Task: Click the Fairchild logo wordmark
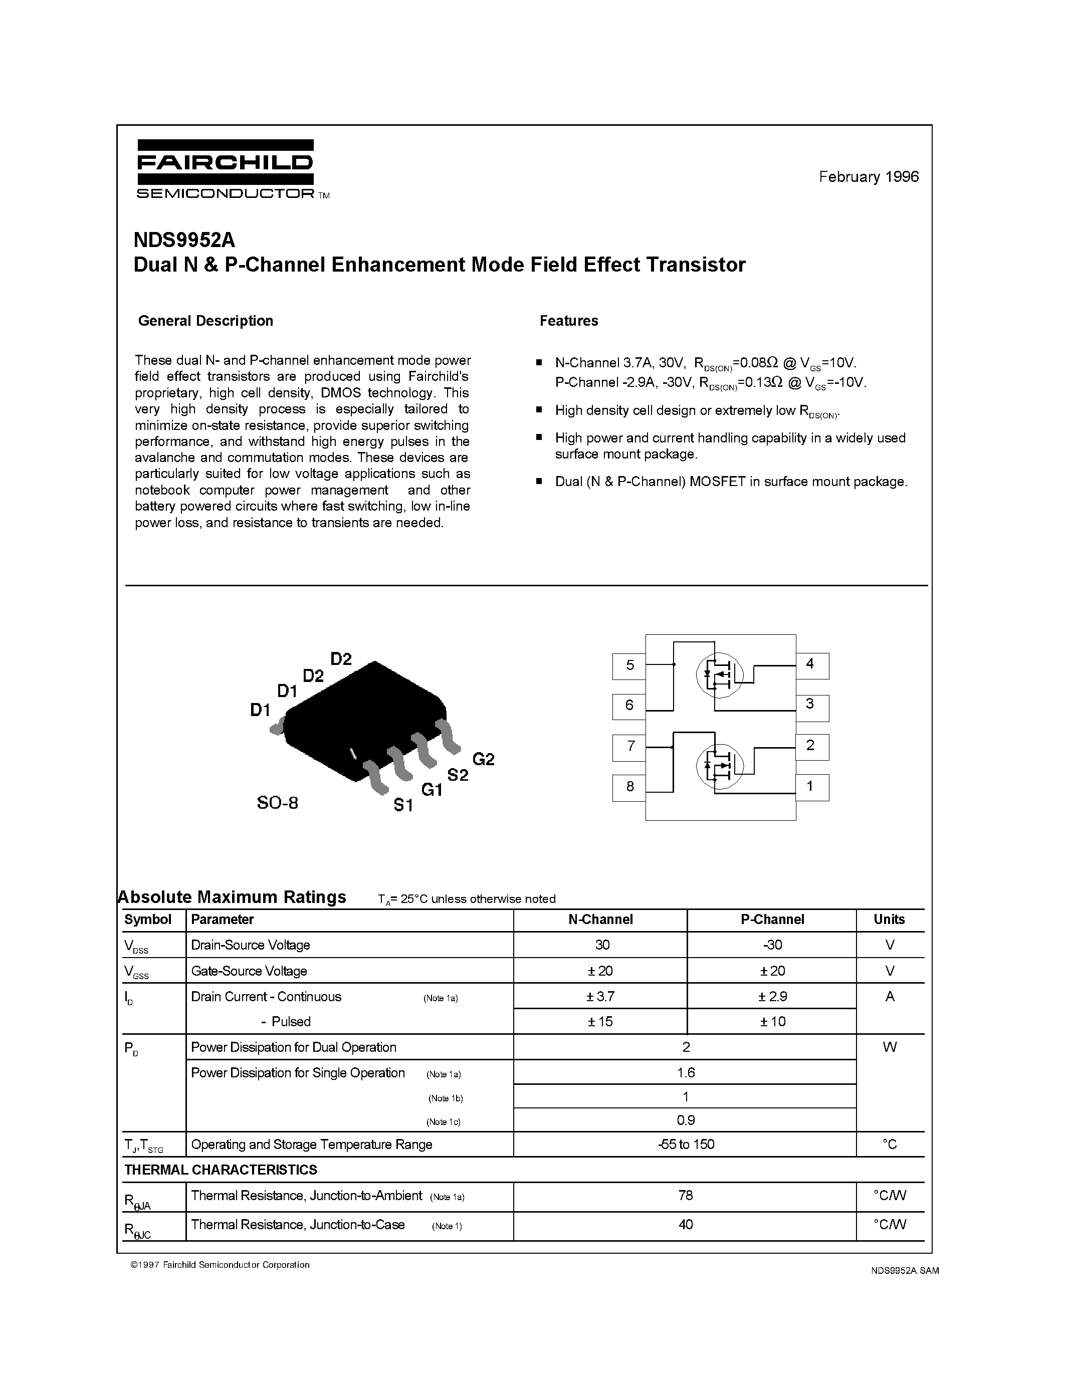tap(225, 163)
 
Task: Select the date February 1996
tap(868, 177)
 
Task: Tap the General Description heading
tap(205, 321)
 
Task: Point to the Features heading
tap(568, 321)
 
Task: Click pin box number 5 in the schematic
tap(629, 665)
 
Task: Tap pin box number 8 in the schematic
tap(629, 787)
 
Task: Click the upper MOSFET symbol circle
tap(719, 674)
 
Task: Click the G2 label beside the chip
tap(483, 759)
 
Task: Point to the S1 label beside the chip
tap(403, 805)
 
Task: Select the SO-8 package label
tap(277, 803)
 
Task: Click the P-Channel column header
tap(772, 920)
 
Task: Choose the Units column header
tap(889, 920)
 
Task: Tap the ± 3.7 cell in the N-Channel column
tap(600, 996)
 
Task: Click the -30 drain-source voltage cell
tap(772, 945)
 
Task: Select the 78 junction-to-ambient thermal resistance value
tap(685, 1195)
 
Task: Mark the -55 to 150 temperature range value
tap(685, 1144)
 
